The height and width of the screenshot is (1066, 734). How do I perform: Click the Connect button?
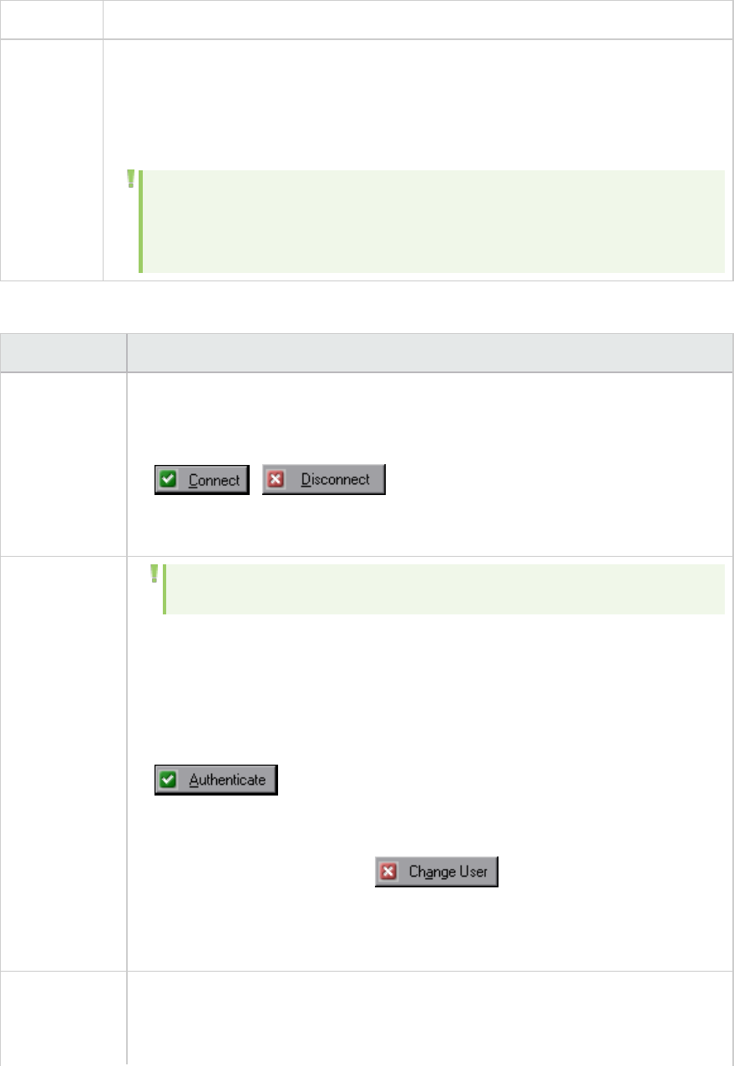click(202, 480)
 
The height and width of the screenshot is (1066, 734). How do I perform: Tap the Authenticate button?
click(215, 781)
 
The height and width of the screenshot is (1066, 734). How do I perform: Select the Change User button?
click(436, 872)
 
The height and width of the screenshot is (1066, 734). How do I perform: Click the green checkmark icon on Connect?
click(170, 480)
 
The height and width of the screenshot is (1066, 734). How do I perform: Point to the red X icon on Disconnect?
click(276, 480)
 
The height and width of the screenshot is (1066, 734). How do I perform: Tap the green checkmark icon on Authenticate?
click(170, 781)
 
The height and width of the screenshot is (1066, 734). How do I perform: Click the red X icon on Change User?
click(388, 872)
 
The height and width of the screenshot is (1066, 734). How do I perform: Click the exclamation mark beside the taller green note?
click(130, 179)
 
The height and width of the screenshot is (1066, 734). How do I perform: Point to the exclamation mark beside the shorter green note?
click(154, 573)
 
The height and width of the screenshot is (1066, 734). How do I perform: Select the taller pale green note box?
click(432, 221)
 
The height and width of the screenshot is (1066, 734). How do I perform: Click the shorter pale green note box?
click(443, 589)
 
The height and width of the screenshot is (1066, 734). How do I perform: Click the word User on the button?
click(473, 872)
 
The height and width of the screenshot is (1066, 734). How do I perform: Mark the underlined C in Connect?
click(193, 481)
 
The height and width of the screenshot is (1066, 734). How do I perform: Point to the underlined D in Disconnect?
click(305, 480)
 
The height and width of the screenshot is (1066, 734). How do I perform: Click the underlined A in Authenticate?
click(193, 781)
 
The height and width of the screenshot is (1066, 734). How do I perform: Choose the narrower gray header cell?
click(63, 353)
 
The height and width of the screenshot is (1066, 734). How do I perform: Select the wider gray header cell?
click(429, 353)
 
